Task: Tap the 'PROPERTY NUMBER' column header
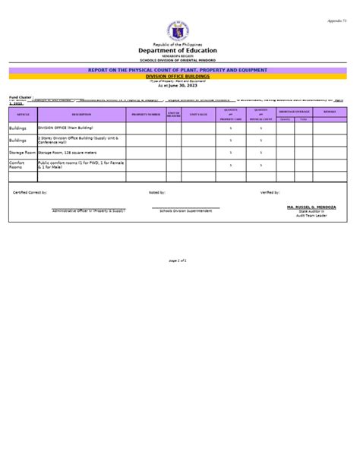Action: [146, 114]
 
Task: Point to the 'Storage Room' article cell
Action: [22, 153]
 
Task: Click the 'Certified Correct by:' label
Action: [30, 192]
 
